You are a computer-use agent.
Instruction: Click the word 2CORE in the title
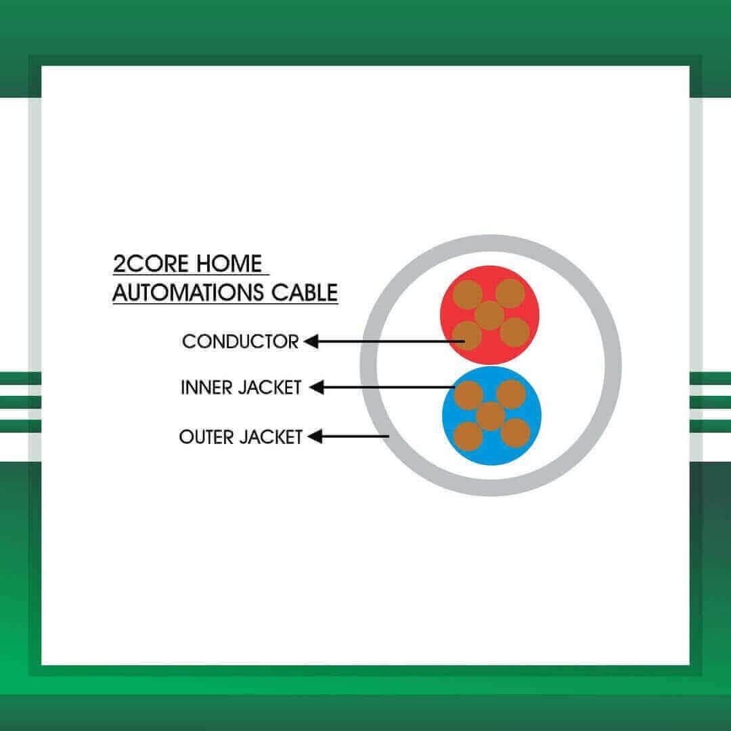[150, 264]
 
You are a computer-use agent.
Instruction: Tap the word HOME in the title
[229, 264]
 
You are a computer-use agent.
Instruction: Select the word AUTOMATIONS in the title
[188, 293]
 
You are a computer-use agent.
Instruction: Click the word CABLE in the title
[305, 293]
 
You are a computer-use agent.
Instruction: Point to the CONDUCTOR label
[240, 341]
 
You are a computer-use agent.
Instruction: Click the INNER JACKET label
[241, 387]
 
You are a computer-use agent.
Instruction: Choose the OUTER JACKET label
[240, 437]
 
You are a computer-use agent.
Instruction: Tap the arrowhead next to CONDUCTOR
[311, 341]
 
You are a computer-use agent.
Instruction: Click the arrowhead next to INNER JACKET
[317, 387]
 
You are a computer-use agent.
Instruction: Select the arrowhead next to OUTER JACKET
[315, 437]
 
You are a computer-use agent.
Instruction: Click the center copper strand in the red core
[489, 315]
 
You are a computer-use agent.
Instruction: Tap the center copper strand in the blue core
[491, 416]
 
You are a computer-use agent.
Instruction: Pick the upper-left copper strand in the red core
[468, 294]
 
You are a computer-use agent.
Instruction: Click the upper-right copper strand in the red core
[510, 294]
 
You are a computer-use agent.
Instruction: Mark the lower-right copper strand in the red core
[514, 332]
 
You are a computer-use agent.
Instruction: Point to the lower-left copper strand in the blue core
[468, 437]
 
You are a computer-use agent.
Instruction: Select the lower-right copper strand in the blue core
[516, 433]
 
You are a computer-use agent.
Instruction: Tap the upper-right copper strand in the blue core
[512, 395]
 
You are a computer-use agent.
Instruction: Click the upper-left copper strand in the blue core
[468, 395]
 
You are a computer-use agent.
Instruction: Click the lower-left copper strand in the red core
[466, 336]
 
